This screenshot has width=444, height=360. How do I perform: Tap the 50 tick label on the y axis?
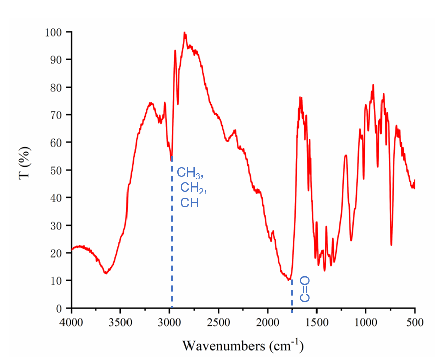click(57, 170)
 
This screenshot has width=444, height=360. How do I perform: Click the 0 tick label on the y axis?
click(59, 308)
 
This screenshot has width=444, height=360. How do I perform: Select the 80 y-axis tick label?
click(57, 88)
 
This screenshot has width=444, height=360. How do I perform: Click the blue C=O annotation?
click(305, 289)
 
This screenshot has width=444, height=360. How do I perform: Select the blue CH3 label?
click(189, 174)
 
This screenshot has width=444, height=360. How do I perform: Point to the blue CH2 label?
click(194, 189)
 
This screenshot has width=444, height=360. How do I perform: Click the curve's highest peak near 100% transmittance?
click(185, 33)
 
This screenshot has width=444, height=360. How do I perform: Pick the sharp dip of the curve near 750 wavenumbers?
click(391, 245)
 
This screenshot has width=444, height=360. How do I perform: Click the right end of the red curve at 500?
click(414, 180)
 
